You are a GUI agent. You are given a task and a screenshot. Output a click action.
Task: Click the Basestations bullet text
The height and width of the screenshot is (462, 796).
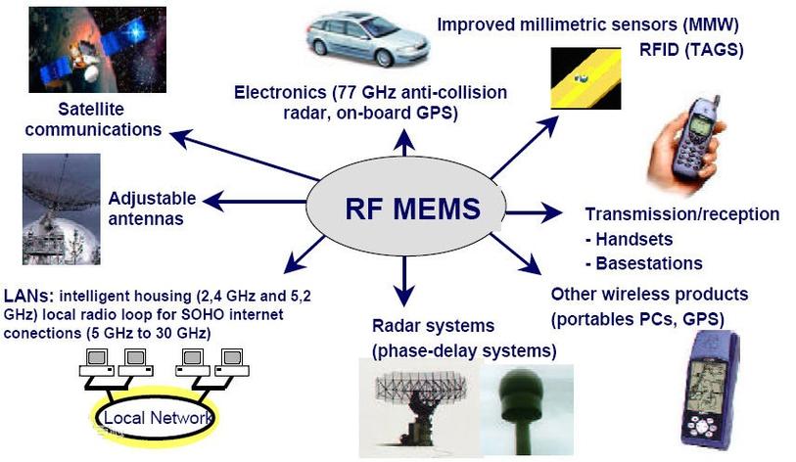(x=643, y=262)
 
